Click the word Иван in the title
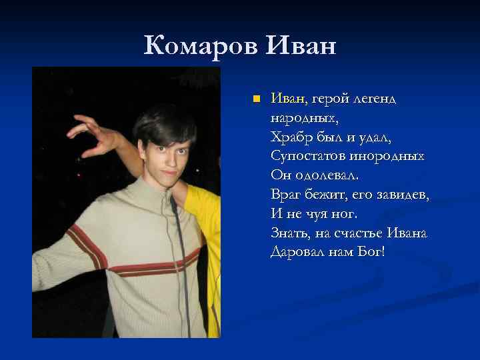pyautogui.click(x=301, y=47)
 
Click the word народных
pyautogui.click(x=304, y=119)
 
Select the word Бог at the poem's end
pyautogui.click(x=370, y=253)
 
